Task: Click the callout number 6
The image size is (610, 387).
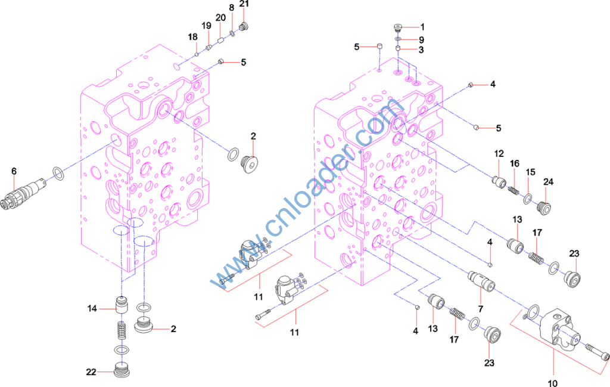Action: (13, 171)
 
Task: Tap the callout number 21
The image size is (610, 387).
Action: (244, 5)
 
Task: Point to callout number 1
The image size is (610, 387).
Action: (422, 27)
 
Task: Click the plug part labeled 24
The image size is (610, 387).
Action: (543, 208)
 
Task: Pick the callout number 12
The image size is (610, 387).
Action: (499, 154)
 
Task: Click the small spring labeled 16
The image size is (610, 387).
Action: (512, 189)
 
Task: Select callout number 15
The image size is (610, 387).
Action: (530, 172)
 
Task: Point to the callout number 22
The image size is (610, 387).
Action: (91, 372)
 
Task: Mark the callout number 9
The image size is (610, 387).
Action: (421, 39)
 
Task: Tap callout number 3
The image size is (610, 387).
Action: (421, 50)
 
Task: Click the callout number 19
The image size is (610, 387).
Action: (206, 26)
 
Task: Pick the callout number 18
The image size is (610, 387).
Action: (192, 37)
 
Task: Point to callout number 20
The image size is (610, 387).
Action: (220, 18)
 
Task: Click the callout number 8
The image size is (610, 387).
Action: (232, 8)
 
